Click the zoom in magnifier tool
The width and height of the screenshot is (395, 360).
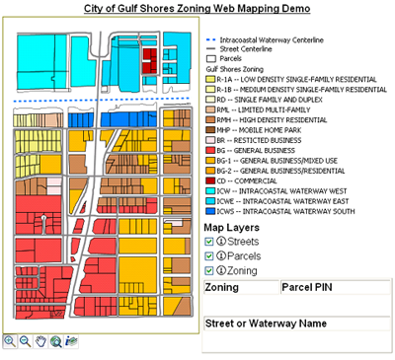[x=9, y=341]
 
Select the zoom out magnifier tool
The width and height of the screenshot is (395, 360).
[x=25, y=341]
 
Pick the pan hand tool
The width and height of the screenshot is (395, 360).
[x=40, y=341]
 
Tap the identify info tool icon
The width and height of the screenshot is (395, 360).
[x=72, y=341]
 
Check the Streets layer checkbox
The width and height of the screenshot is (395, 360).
[x=208, y=241]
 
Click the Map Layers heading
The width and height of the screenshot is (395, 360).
[x=229, y=226]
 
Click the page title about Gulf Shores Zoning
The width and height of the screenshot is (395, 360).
[x=197, y=8]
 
